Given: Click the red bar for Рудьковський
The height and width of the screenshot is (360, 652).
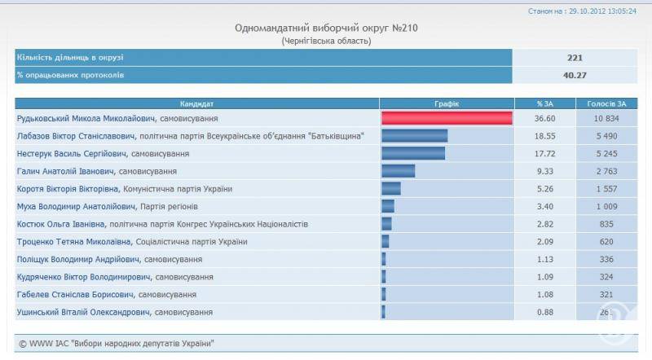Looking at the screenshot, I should [x=447, y=118].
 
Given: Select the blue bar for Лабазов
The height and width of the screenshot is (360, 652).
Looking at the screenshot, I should [x=414, y=135].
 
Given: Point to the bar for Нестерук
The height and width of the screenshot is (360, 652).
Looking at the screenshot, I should [x=413, y=153].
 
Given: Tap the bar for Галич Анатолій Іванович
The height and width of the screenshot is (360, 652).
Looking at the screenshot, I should [x=398, y=171].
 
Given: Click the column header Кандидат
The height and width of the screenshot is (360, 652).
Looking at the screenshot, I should [x=197, y=104].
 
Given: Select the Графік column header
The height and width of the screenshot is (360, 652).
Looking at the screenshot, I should [x=447, y=104].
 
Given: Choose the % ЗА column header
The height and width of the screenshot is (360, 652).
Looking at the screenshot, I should [x=545, y=104].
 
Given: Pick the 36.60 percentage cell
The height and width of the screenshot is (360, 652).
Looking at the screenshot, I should [x=545, y=118].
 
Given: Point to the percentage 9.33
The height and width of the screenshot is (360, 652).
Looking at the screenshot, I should [x=545, y=171].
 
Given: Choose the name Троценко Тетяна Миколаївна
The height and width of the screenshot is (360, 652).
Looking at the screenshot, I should [x=79, y=242].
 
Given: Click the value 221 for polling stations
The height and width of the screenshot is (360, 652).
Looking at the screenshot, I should [x=575, y=58].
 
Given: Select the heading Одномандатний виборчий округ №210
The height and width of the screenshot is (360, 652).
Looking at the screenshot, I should [x=327, y=28].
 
